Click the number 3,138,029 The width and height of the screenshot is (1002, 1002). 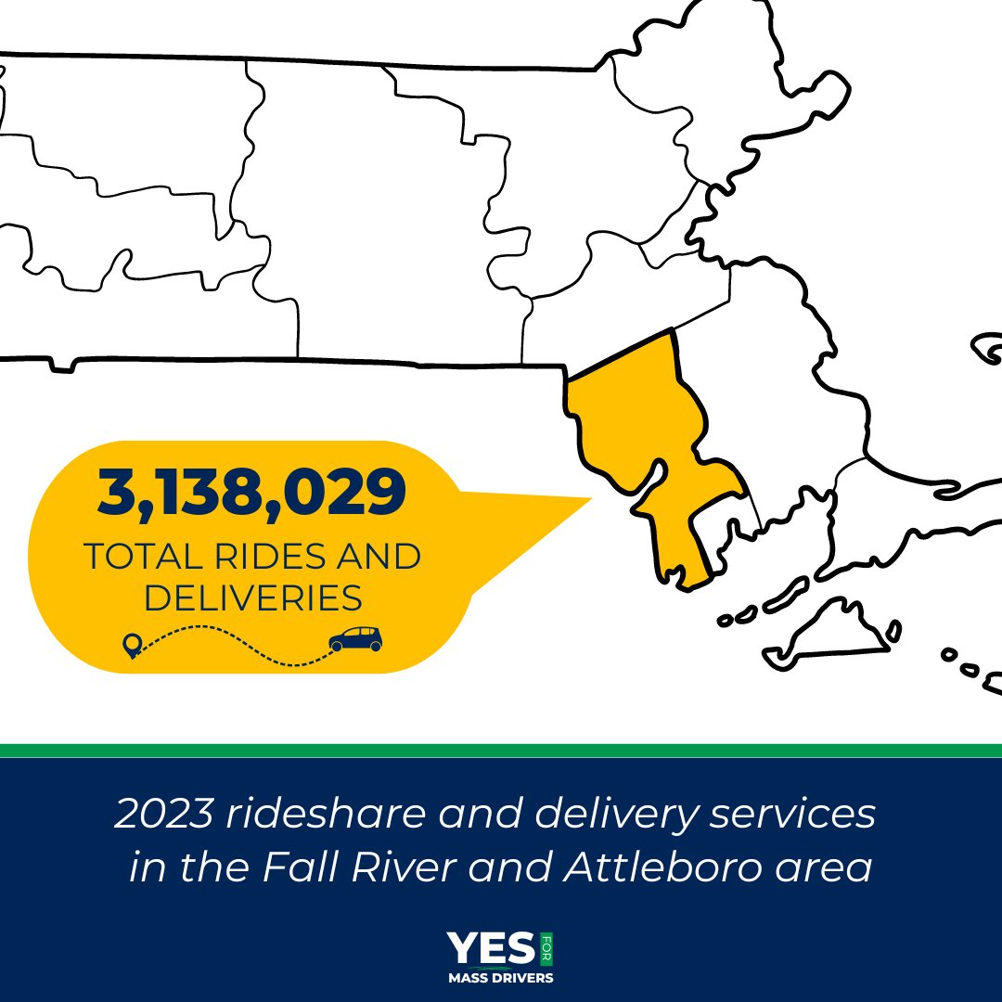click(x=251, y=494)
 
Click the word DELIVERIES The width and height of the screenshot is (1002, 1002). click(x=252, y=598)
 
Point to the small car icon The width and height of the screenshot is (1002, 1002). click(x=355, y=638)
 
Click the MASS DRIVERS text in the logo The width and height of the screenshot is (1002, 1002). click(x=501, y=977)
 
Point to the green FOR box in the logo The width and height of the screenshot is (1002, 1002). click(x=545, y=948)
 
